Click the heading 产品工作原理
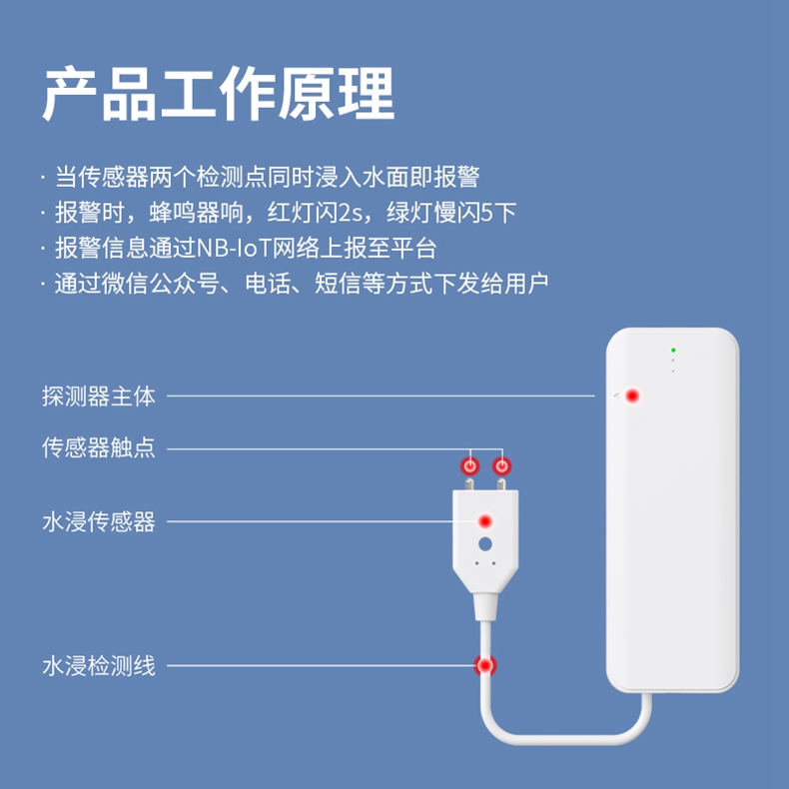pyautogui.click(x=218, y=94)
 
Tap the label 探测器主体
pyautogui.click(x=99, y=396)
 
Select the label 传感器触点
pyautogui.click(x=99, y=447)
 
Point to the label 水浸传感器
pyautogui.click(x=99, y=521)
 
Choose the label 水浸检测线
pyautogui.click(x=99, y=666)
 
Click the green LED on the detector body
pyautogui.click(x=673, y=350)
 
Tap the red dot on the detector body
pyautogui.click(x=632, y=396)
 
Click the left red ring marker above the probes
pyautogui.click(x=470, y=466)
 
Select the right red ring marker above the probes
pyautogui.click(x=501, y=466)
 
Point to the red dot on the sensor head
pyautogui.click(x=485, y=521)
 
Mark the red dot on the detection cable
pyautogui.click(x=485, y=666)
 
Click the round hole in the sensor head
pyautogui.click(x=485, y=544)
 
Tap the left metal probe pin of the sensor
pyautogui.click(x=469, y=484)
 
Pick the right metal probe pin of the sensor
pyautogui.click(x=501, y=484)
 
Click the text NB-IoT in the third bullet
pyautogui.click(x=234, y=248)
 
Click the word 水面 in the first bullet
pyautogui.click(x=386, y=177)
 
